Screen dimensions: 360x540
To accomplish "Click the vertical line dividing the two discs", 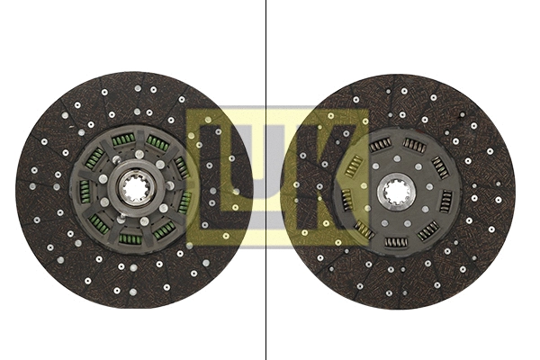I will tap(267, 54).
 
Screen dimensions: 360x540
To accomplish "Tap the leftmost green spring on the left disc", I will tap(83, 190).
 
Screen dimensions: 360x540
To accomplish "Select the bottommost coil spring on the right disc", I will tap(396, 241).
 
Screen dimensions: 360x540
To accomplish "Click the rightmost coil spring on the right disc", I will tap(446, 199).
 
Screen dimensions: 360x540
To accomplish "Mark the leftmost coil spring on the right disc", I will tap(346, 197).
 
